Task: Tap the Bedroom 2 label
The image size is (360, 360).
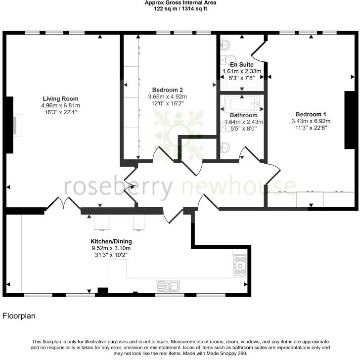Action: (168, 90)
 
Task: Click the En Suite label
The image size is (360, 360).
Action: (242, 65)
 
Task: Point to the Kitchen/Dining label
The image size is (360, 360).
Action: (111, 241)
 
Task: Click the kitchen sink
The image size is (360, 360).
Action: (169, 285)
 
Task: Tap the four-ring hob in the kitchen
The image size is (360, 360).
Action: (239, 265)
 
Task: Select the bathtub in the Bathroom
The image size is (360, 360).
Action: (242, 104)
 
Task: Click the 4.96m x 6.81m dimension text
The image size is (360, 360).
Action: (61, 105)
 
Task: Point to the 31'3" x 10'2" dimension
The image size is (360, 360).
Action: (111, 256)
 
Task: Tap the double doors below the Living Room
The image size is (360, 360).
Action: (65, 203)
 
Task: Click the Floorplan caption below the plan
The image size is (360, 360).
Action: (19, 315)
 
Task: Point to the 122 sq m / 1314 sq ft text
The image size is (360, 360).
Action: (180, 9)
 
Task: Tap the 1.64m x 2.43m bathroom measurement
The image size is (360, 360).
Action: (243, 122)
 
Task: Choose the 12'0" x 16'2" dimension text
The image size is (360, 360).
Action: (168, 103)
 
